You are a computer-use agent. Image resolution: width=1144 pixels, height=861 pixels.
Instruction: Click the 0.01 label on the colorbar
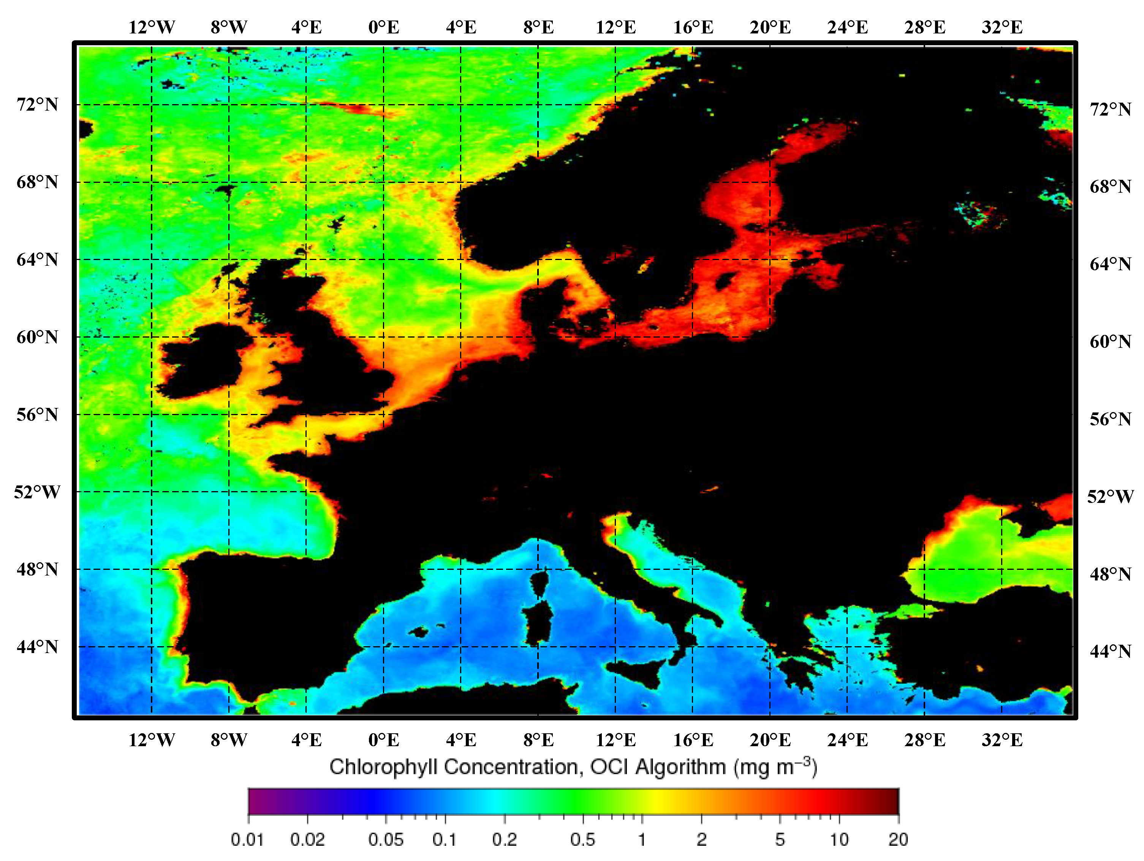[x=247, y=839]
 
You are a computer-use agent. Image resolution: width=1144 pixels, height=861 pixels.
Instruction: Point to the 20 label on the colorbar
[x=898, y=839]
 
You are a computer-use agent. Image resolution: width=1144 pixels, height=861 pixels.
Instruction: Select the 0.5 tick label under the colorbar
[x=583, y=839]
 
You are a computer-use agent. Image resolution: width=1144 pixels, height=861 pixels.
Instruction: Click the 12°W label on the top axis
[x=152, y=27]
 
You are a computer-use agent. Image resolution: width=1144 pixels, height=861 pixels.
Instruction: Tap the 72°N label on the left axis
[x=37, y=105]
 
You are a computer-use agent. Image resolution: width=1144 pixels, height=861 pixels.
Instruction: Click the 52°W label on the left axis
[x=37, y=492]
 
